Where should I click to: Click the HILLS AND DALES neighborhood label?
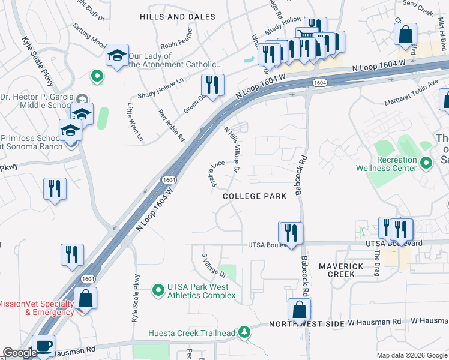(x=177, y=17)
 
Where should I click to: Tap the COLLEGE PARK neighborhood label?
(x=250, y=196)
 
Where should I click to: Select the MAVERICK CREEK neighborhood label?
(x=341, y=269)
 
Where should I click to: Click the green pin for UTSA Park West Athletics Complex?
(x=158, y=290)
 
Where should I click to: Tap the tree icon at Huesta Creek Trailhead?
(x=244, y=331)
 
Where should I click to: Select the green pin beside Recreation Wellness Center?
(x=426, y=163)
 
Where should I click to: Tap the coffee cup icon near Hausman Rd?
(x=44, y=346)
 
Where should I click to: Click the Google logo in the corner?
(x=19, y=353)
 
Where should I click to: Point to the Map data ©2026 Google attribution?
(x=412, y=355)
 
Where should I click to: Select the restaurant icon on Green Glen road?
(x=212, y=85)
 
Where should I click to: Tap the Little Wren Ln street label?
(x=135, y=122)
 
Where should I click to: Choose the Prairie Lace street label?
(x=217, y=173)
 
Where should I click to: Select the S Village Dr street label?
(x=214, y=264)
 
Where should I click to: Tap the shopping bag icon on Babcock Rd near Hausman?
(x=299, y=310)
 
